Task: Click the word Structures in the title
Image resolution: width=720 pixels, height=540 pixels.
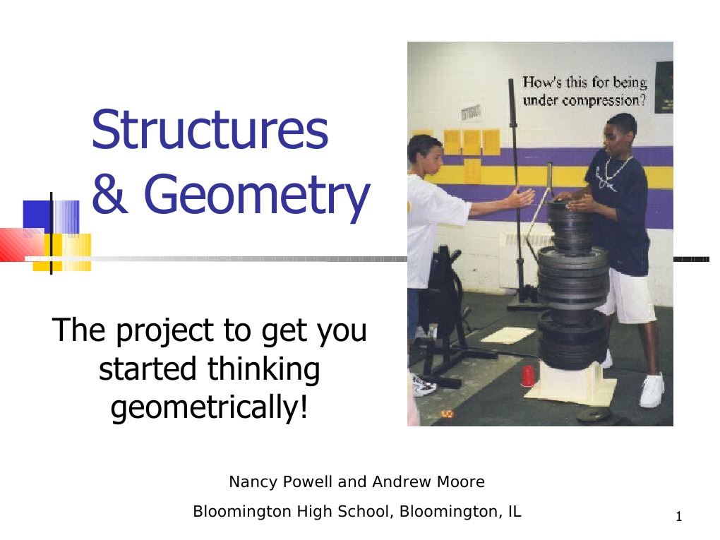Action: point(210,129)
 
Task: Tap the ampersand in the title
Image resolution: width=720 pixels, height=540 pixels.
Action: point(109,193)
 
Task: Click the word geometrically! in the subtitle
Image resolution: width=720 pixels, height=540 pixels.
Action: point(209,407)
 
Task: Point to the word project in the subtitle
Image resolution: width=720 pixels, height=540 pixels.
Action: point(165,331)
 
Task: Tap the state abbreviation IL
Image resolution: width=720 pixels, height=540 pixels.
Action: point(515,511)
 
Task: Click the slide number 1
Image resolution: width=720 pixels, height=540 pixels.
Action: point(679,517)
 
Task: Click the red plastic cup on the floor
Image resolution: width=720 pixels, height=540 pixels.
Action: point(527,376)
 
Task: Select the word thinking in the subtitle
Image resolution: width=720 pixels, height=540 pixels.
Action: point(263,370)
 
